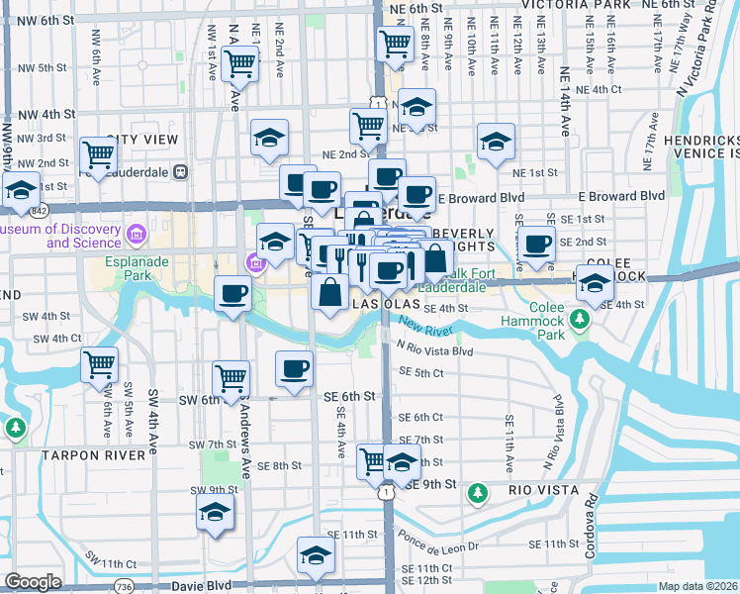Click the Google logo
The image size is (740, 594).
(x=33, y=582)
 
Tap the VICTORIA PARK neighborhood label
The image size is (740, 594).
(x=575, y=5)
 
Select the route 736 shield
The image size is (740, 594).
(x=123, y=586)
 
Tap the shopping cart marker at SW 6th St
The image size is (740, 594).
(x=231, y=378)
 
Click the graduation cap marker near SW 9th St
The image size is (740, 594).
(x=214, y=514)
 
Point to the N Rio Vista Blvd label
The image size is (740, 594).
(x=434, y=349)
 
